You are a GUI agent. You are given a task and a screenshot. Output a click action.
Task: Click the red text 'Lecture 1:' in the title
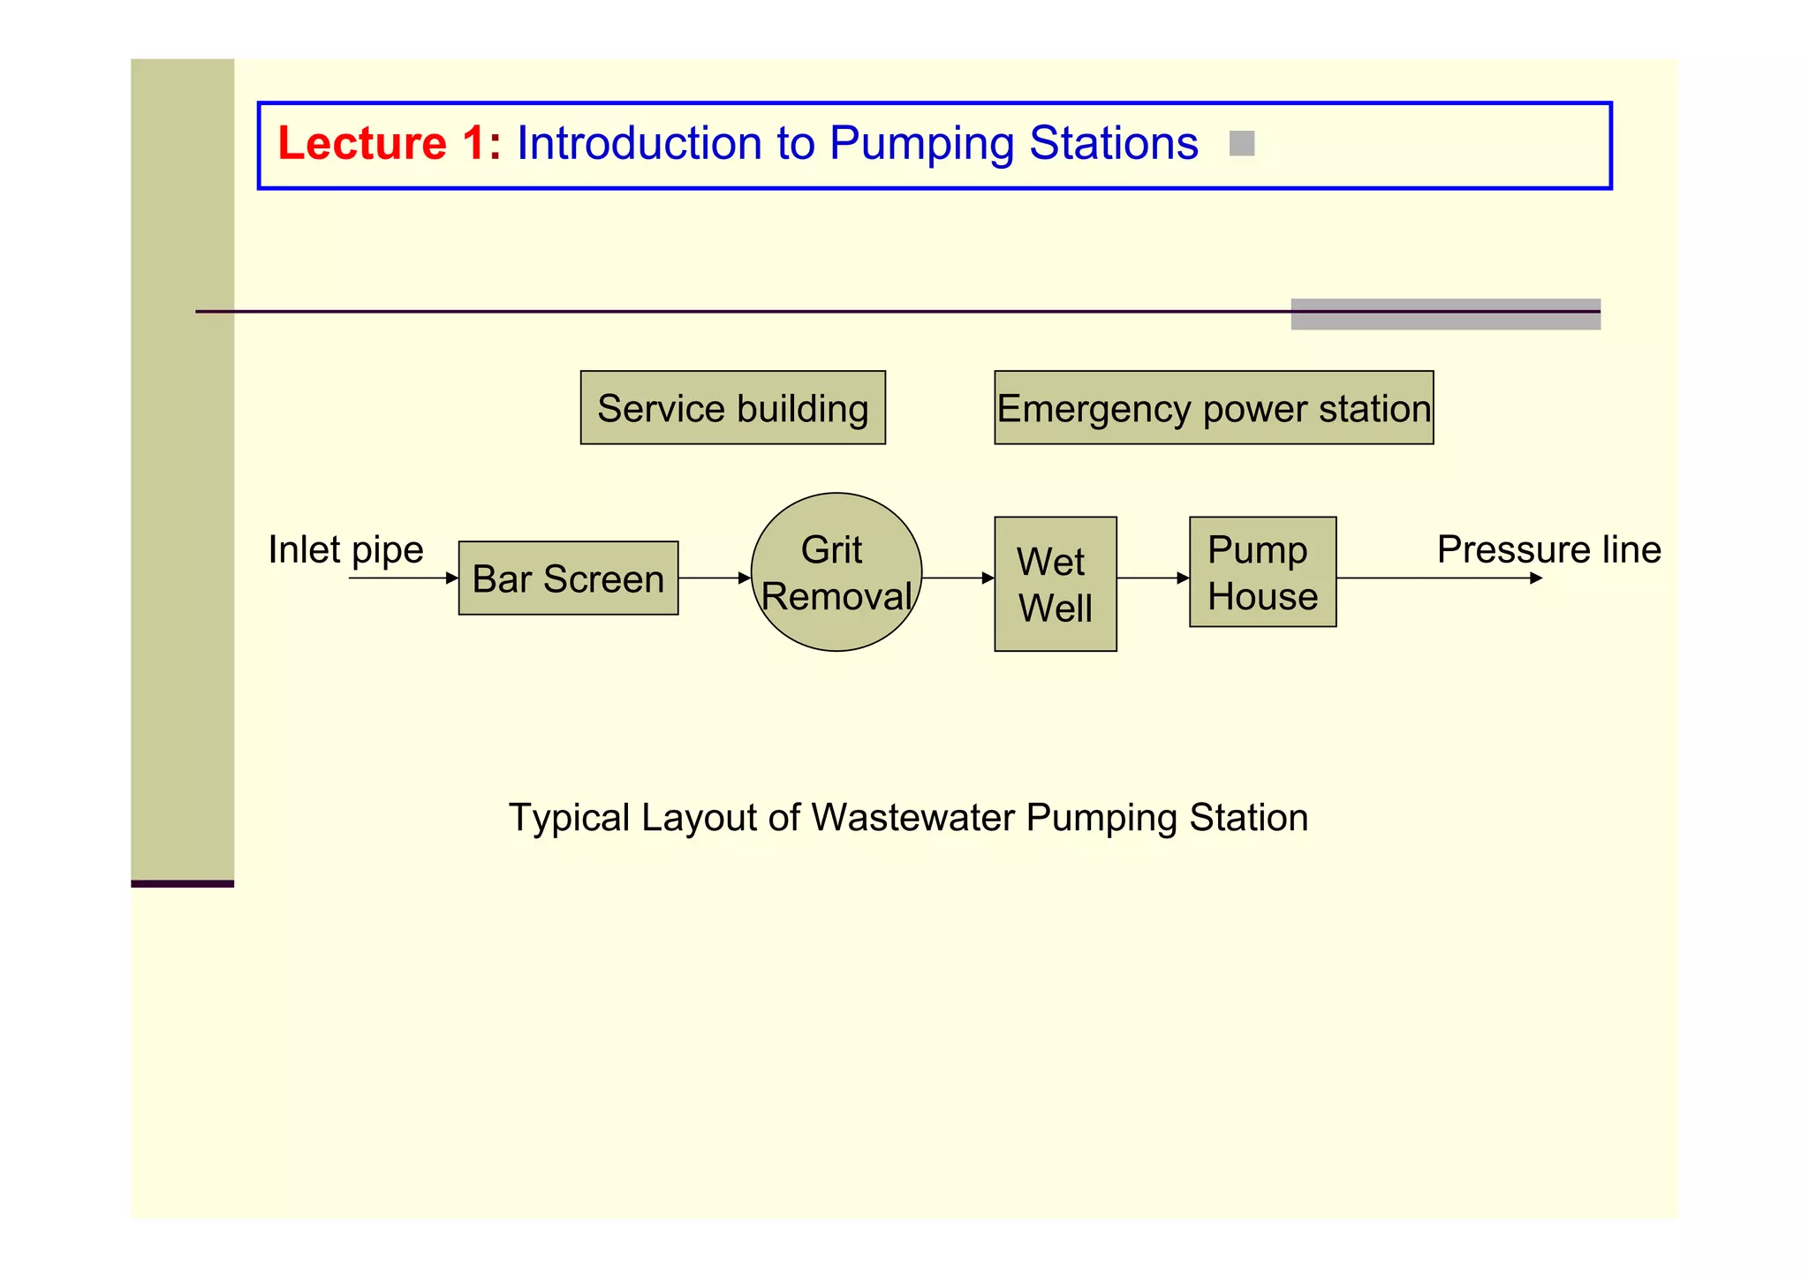point(389,143)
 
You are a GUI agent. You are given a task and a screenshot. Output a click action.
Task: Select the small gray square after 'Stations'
point(1241,143)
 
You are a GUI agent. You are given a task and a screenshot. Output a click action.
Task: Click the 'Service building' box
point(732,408)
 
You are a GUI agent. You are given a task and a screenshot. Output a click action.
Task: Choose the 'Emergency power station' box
point(1213,408)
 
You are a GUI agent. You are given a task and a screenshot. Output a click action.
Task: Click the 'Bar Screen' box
point(568,579)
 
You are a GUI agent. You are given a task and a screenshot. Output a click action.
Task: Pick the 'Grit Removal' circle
point(836,572)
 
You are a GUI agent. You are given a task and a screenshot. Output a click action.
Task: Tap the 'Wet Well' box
point(1055,585)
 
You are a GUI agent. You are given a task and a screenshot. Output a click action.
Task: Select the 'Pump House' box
point(1261,572)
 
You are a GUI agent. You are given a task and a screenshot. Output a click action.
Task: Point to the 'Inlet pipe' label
point(345,549)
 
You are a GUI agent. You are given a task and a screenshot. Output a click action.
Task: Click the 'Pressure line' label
point(1548,549)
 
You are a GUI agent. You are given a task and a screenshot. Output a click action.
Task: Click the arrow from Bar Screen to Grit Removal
point(714,579)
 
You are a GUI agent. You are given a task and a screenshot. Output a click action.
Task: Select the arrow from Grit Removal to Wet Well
point(957,579)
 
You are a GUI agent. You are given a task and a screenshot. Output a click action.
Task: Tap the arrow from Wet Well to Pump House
point(1152,579)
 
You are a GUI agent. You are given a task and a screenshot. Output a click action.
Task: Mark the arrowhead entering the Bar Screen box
point(451,579)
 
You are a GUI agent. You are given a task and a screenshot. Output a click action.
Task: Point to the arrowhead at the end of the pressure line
point(1536,579)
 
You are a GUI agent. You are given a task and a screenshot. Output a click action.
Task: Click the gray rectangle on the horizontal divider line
point(1445,314)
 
